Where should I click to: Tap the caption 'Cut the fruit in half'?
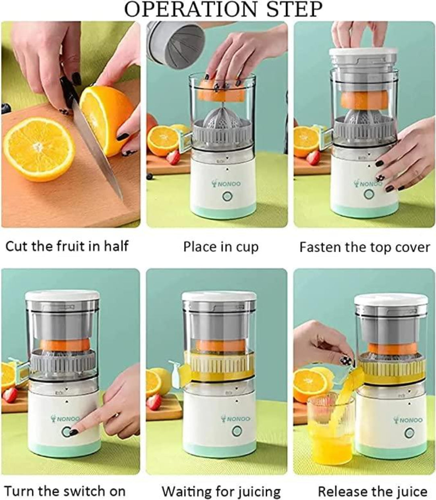tap(67, 246)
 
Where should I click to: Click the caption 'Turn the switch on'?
tap(65, 491)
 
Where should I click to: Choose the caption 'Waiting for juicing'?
tap(221, 491)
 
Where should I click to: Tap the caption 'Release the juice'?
tap(372, 491)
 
